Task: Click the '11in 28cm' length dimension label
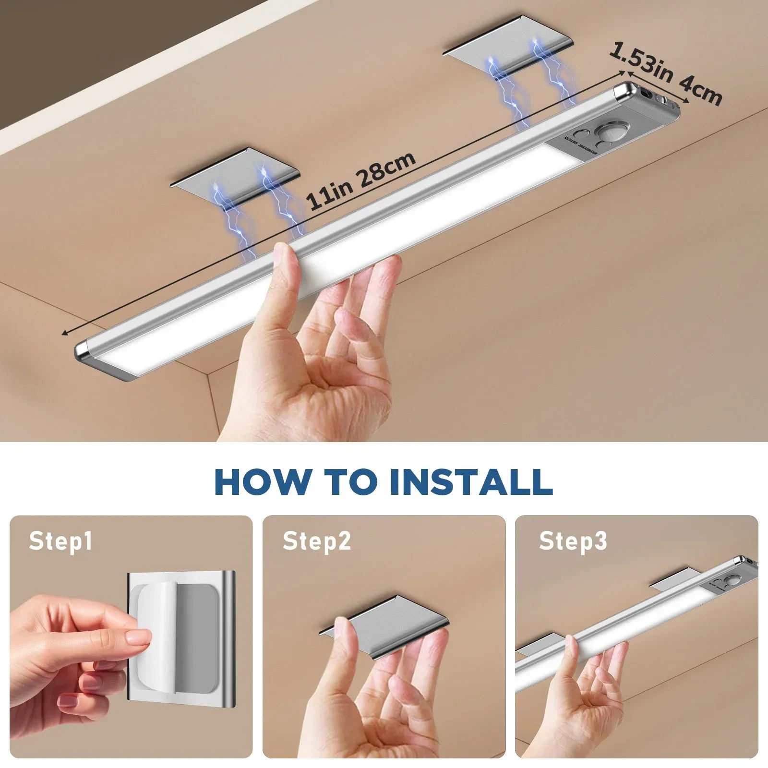click(x=361, y=180)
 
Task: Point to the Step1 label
click(x=60, y=541)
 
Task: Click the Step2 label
click(x=317, y=541)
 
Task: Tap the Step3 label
click(x=573, y=541)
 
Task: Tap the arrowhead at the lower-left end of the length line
click(x=65, y=333)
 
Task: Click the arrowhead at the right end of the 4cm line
click(x=687, y=101)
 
